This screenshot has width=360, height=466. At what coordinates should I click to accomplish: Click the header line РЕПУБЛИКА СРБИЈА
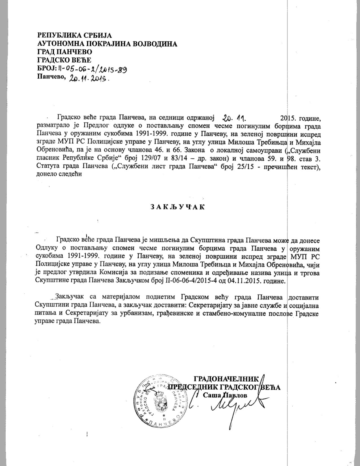click(75, 36)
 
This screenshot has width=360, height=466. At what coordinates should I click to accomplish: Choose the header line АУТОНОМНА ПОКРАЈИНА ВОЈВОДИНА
click(107, 44)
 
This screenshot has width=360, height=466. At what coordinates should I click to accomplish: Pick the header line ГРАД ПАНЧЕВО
click(65, 52)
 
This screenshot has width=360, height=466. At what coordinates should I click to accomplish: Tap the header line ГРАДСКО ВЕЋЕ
click(64, 60)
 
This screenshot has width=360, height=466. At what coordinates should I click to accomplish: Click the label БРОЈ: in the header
click(47, 68)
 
